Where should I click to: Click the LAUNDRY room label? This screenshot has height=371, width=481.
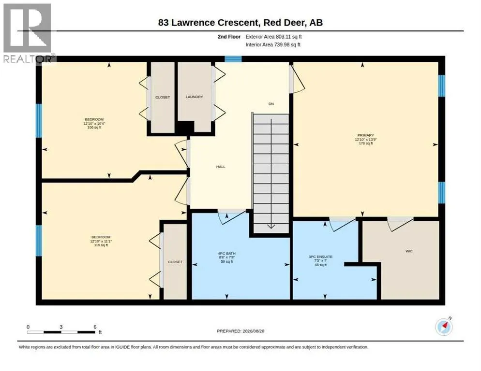click(194, 97)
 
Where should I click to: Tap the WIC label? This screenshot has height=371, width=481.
click(409, 251)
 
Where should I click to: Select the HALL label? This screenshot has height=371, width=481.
click(221, 167)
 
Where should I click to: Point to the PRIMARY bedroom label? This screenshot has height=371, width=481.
click(366, 135)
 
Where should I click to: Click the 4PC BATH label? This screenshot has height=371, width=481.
click(226, 254)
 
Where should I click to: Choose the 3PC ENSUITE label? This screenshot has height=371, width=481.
click(320, 257)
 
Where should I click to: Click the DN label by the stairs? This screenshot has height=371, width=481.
click(271, 104)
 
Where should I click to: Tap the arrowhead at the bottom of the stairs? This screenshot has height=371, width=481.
click(271, 227)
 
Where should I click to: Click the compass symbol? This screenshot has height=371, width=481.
click(444, 327)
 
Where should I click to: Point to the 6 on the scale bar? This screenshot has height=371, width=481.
click(95, 327)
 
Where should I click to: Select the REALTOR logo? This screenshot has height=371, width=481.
click(28, 33)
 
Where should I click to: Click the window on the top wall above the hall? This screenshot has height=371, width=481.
click(233, 59)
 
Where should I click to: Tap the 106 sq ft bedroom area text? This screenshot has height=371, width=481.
click(94, 128)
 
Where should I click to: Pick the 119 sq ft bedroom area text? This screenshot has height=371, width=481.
click(101, 245)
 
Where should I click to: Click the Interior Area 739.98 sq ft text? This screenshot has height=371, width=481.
click(273, 45)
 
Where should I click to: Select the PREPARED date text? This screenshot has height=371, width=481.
click(240, 331)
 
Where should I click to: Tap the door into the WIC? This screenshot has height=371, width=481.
click(400, 223)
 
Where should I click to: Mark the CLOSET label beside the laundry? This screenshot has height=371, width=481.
click(163, 98)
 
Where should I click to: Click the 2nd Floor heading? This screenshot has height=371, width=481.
click(229, 37)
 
